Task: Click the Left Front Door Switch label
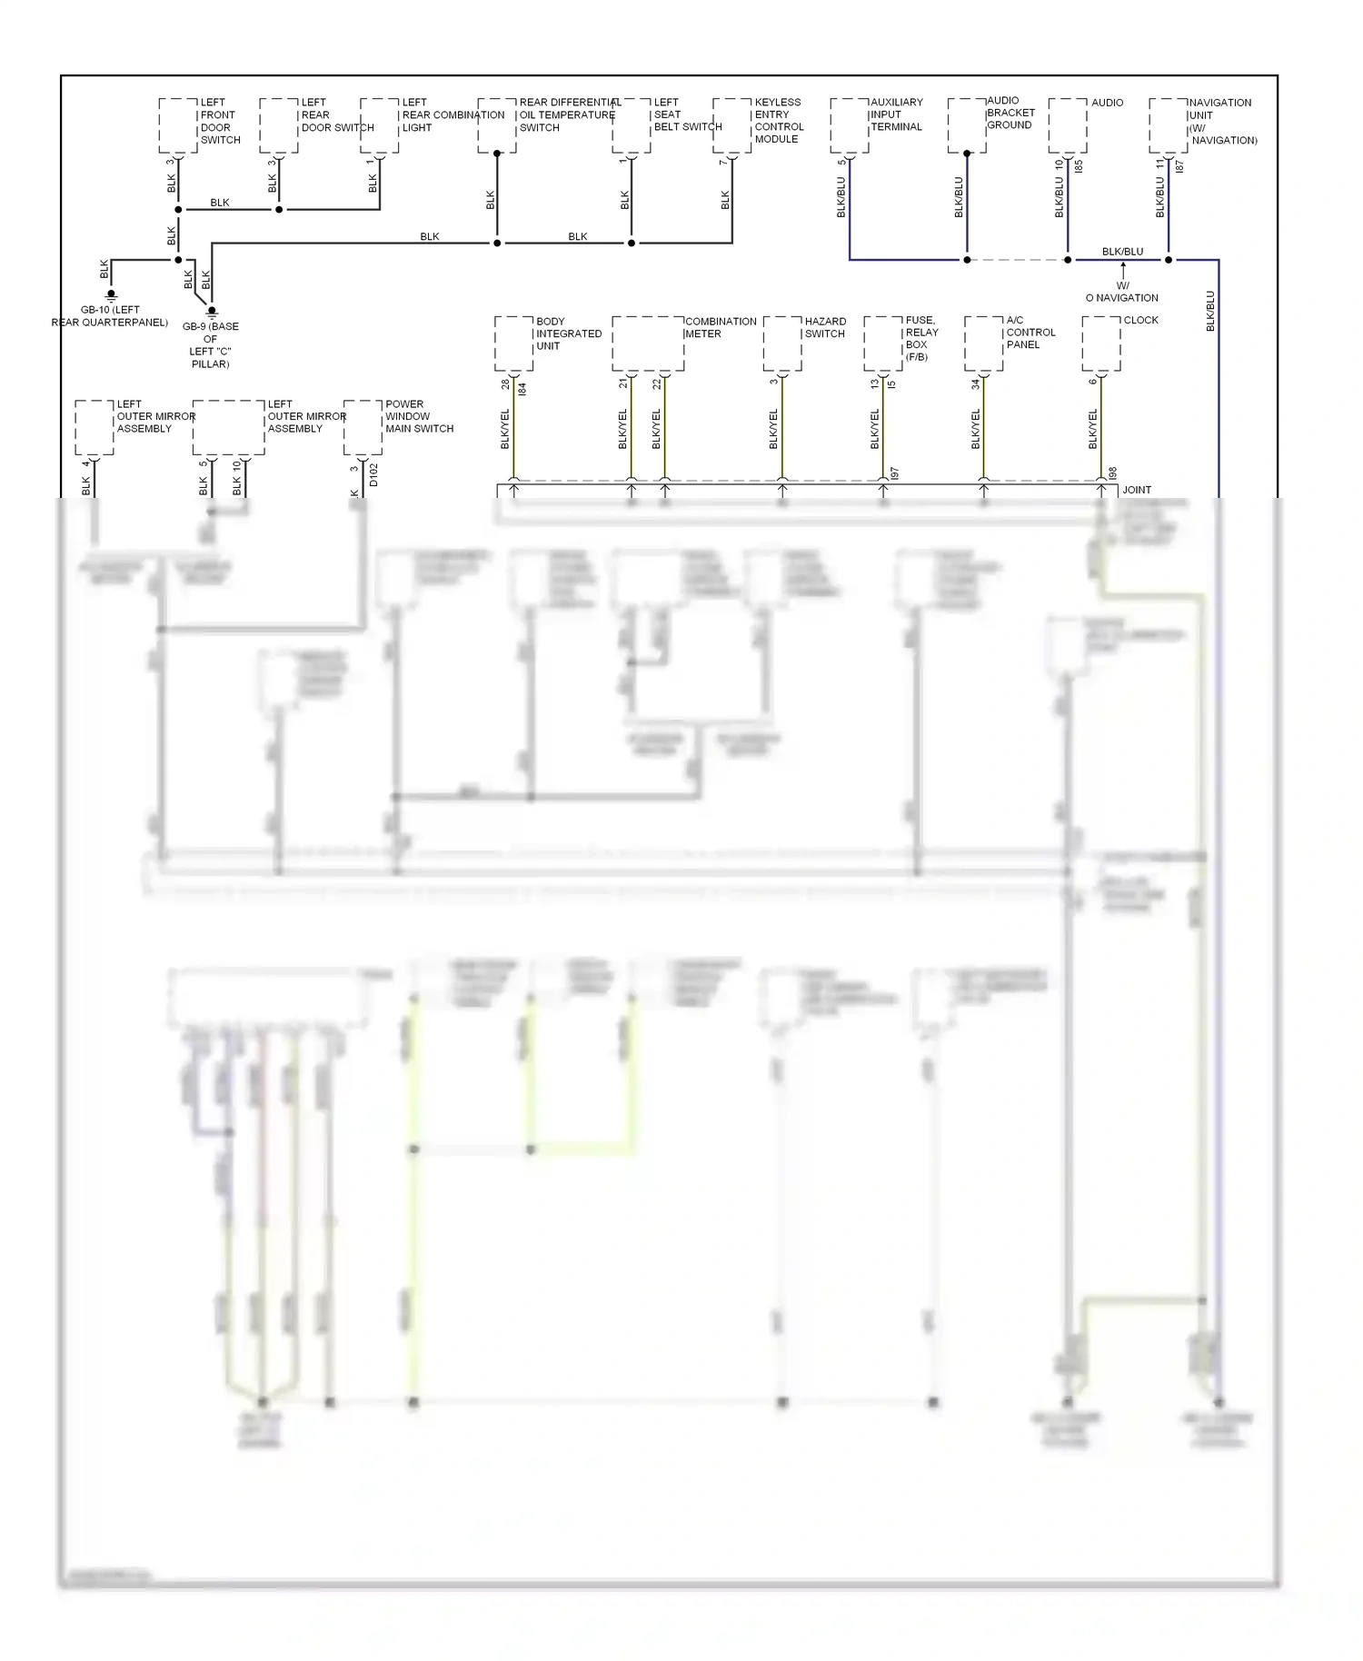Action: coord(220,121)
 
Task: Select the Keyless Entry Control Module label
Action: coord(779,121)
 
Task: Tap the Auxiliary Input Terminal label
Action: coord(896,114)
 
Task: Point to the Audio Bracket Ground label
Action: coord(1010,113)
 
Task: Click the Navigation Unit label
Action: coord(1223,121)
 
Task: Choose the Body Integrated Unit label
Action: coord(568,333)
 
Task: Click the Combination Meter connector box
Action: coord(648,343)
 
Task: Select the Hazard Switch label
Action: coord(825,327)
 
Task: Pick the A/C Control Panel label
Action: coord(1030,333)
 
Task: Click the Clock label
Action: coord(1140,320)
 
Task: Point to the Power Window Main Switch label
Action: coord(419,416)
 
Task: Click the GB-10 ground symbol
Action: coord(111,295)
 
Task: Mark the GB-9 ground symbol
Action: coord(212,313)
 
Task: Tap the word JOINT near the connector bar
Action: coord(1137,490)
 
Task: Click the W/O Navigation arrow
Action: coord(1123,270)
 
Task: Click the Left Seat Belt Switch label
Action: coord(687,114)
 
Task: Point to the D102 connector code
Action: coord(373,475)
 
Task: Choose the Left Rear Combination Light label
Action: coord(453,114)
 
